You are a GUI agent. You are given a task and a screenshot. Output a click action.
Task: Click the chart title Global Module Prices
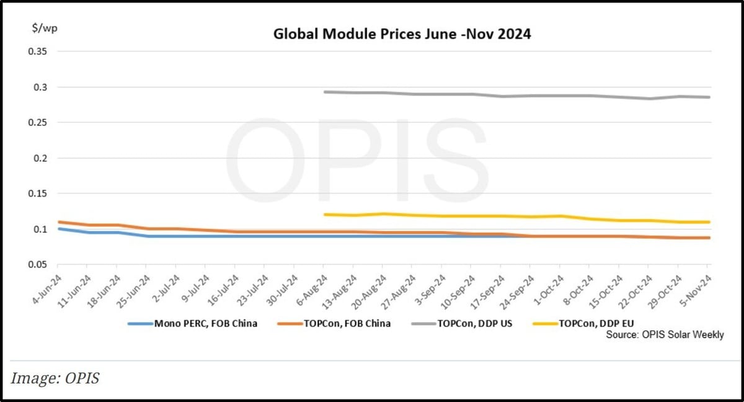pos(402,34)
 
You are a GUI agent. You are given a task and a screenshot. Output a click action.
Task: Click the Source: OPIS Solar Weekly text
pos(665,335)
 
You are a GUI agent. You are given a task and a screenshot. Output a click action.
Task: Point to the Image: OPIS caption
pos(56,378)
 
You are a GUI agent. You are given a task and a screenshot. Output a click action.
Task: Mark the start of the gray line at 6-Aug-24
pos(324,92)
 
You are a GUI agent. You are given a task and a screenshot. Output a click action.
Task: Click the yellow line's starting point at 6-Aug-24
pos(324,215)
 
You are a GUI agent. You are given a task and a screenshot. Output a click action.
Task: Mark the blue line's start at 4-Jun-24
pos(59,229)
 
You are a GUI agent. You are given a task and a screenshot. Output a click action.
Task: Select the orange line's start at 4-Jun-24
pos(59,222)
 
